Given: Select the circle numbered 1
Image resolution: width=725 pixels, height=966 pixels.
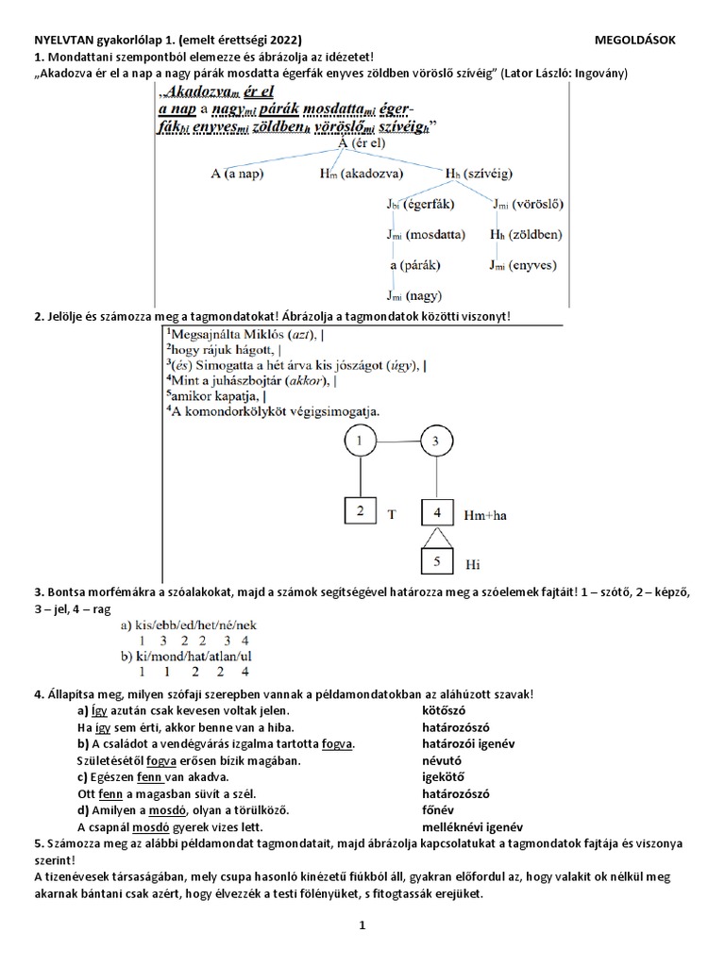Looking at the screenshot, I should coord(359,441).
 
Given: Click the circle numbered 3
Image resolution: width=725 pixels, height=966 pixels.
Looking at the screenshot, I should coord(435,441).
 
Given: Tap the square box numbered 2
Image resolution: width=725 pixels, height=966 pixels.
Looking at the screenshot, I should coord(359,513).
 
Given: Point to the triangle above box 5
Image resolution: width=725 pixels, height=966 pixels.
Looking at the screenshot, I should coord(435,538).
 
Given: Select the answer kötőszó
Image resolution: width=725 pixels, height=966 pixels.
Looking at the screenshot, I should coord(444,709).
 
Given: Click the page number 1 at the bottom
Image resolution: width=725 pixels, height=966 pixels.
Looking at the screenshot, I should coord(361,926).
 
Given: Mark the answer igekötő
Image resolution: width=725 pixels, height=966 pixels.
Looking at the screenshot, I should coord(444,777).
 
